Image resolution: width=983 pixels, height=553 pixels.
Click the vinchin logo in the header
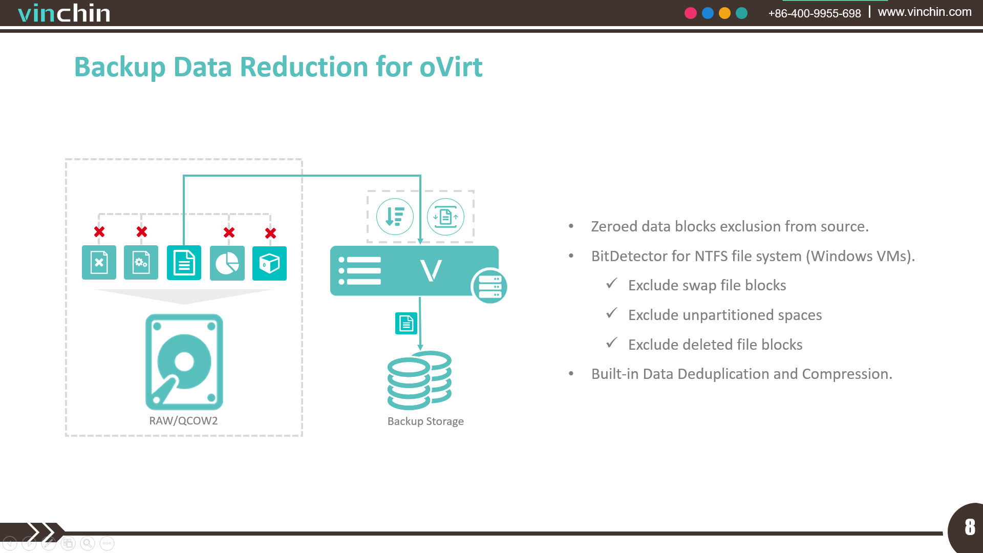coord(64,13)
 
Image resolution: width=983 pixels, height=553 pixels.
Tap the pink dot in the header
coord(691,13)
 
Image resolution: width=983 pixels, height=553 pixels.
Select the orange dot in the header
coord(724,13)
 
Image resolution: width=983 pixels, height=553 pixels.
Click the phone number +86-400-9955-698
coord(815,13)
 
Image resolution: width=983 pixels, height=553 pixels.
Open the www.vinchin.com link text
coord(925,12)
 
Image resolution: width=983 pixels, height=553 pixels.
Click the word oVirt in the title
coord(451,67)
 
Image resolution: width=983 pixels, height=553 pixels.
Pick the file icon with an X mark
coord(99,263)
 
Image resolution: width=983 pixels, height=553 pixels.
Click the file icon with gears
coord(141,263)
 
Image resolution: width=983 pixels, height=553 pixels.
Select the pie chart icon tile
coord(227,263)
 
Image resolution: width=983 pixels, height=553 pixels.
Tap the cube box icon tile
coord(269,263)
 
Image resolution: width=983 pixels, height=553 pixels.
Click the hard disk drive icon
coord(184,362)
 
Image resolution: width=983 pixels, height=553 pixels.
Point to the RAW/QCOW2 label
coord(183,421)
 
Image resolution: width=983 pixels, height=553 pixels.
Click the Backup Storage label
coord(425,421)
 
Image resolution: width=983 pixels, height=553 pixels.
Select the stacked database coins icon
coord(420,380)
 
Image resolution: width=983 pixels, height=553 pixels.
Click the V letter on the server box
coord(431,270)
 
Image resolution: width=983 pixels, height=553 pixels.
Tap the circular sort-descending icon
coord(395,217)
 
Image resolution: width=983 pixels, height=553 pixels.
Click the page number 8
coord(970,527)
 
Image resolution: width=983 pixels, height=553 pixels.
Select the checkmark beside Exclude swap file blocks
coord(612,284)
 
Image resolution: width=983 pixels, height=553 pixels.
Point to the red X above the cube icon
coord(270,233)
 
